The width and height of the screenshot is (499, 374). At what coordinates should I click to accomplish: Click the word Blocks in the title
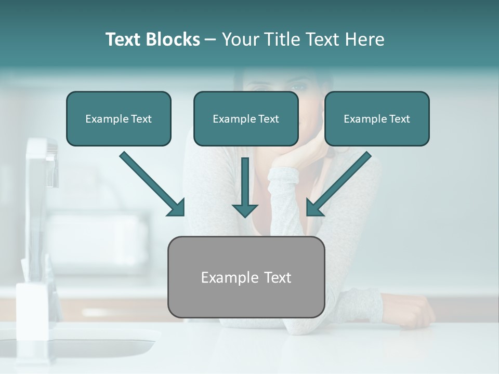tap(173, 39)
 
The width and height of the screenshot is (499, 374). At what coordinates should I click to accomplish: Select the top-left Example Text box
tap(119, 118)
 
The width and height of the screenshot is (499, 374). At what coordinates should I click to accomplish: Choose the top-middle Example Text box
tap(246, 118)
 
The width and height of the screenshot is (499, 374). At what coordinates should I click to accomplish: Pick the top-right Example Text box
tap(377, 118)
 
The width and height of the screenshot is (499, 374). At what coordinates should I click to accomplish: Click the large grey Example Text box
tap(246, 277)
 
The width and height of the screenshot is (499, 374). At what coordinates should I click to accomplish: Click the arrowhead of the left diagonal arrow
tap(177, 208)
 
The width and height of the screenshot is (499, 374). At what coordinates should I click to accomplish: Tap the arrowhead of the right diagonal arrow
tap(314, 208)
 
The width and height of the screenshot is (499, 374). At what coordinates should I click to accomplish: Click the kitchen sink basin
tap(78, 345)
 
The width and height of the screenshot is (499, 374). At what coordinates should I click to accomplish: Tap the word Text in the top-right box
tap(399, 119)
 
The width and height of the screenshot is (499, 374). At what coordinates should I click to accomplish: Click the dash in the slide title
tap(211, 39)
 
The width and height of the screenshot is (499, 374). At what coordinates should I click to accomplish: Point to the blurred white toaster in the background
tap(99, 234)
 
